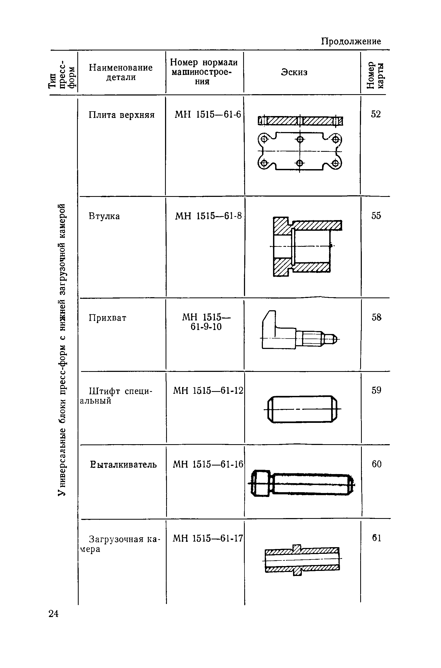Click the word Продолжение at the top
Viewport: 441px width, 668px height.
pos(351,41)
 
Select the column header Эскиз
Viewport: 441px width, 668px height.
pos(294,72)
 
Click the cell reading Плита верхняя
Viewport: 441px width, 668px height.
pos(122,115)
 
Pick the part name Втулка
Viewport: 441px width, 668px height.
pos(104,216)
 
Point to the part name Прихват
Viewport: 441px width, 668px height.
pos(107,318)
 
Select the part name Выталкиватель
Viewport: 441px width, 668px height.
pos(123,464)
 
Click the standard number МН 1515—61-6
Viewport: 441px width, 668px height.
pos(207,114)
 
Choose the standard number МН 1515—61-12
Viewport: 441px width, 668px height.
pos(208,391)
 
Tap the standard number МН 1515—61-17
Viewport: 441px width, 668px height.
pos(207,538)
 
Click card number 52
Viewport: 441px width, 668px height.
pos(376,114)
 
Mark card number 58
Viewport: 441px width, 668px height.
pos(376,317)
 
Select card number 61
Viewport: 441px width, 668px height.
pos(376,538)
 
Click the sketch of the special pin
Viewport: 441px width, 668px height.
pos(302,409)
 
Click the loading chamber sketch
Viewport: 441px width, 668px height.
pos(302,560)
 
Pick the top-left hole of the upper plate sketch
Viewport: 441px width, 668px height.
pos(264,139)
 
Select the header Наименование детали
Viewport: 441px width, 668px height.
pos(121,72)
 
